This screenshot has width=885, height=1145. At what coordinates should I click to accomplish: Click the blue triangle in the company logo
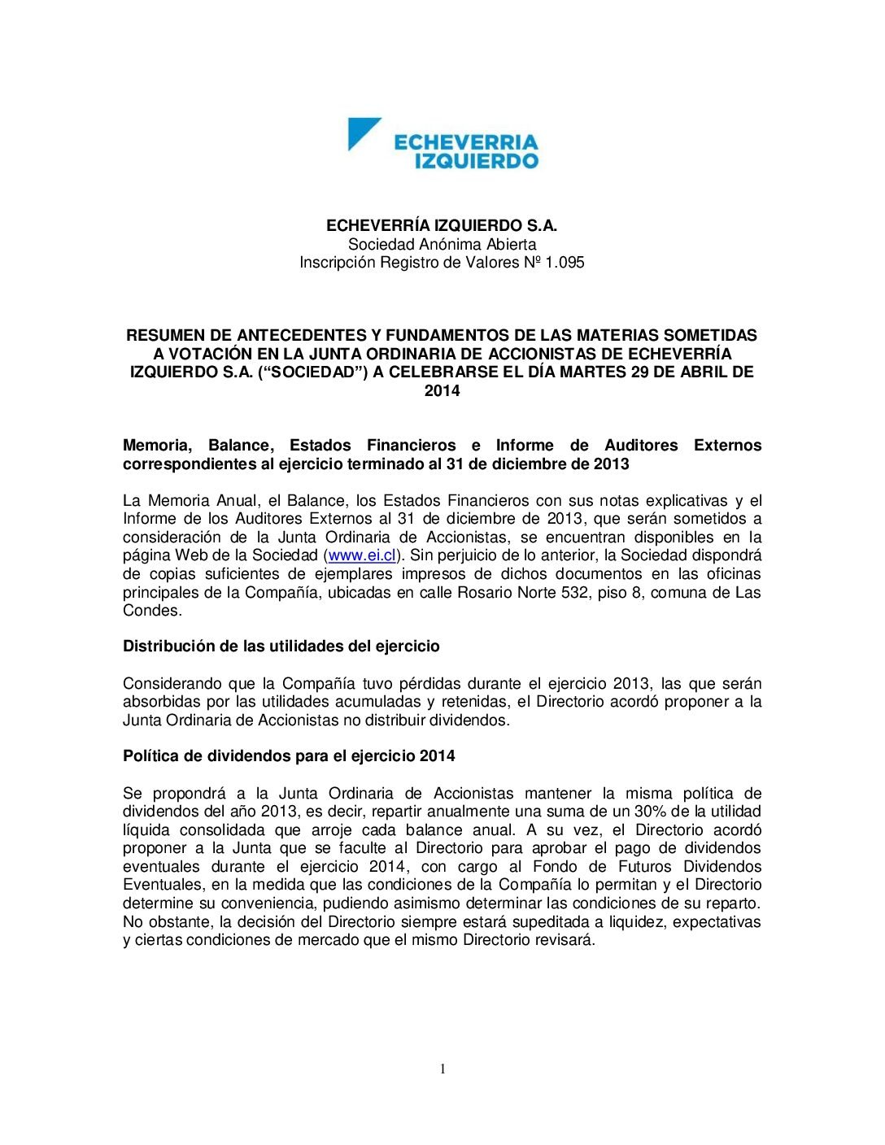tap(360, 132)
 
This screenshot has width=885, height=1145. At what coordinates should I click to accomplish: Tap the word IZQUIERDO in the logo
tap(477, 161)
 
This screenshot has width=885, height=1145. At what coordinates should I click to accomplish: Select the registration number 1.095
tap(565, 263)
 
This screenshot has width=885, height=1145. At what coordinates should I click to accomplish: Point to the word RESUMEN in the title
tap(163, 335)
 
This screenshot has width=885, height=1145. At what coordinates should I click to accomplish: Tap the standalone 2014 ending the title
tap(442, 391)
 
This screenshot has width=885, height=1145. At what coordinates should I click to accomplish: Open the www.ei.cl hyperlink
tap(361, 555)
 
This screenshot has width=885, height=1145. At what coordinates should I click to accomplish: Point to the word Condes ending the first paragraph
tap(152, 611)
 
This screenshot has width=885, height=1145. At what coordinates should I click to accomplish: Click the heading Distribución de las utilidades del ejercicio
tap(281, 647)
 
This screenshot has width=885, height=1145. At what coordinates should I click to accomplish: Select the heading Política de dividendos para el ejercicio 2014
tap(289, 756)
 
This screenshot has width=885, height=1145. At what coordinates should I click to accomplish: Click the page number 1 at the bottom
tap(442, 1069)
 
